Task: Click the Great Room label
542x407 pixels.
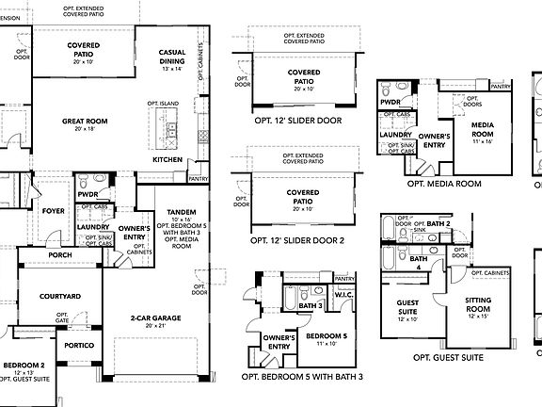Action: click(84, 122)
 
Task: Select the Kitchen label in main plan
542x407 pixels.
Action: click(168, 160)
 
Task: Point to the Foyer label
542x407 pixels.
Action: click(54, 211)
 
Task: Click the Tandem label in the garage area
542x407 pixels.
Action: click(181, 212)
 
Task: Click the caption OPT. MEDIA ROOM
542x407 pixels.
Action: click(443, 184)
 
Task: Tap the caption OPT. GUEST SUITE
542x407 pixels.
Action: click(448, 358)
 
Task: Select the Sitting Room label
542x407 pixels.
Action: click(478, 303)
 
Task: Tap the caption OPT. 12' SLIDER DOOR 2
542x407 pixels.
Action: click(297, 240)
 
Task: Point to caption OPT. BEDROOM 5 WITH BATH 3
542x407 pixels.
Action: click(302, 377)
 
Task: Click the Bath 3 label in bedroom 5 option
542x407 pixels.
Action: click(310, 305)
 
